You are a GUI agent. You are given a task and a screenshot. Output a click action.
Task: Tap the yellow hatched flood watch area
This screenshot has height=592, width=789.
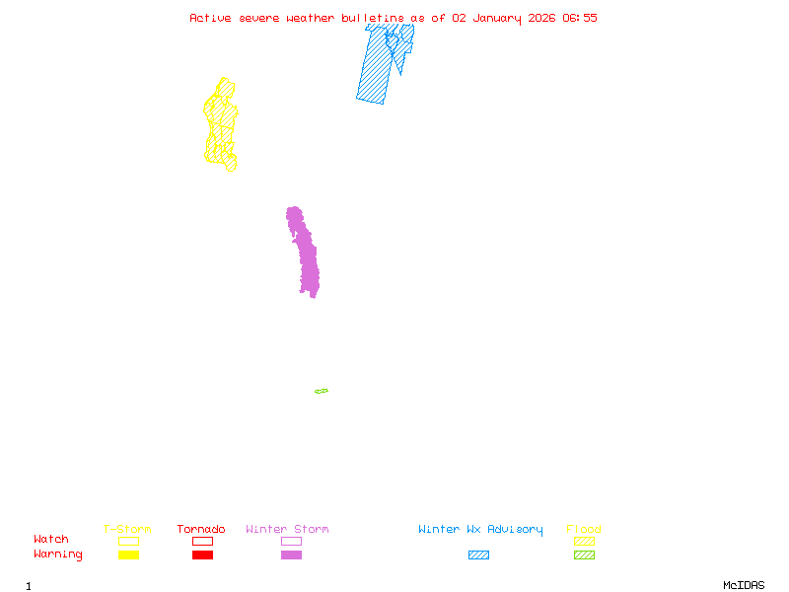(221, 123)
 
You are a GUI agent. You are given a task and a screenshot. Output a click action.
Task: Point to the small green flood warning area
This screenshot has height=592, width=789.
(322, 392)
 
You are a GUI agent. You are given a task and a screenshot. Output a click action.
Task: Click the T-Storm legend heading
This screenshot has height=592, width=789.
(127, 530)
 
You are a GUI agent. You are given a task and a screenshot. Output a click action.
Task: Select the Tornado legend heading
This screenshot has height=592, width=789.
(201, 530)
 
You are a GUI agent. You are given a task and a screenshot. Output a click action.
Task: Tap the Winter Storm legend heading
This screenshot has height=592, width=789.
(287, 530)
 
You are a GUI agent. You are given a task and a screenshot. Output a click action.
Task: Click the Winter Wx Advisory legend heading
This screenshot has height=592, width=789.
(480, 530)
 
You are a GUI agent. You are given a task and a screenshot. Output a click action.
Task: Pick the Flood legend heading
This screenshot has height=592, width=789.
(584, 530)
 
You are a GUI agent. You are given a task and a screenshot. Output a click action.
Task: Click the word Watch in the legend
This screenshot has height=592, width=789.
(51, 540)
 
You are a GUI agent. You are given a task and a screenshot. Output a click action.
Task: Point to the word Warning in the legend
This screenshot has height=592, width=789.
(58, 555)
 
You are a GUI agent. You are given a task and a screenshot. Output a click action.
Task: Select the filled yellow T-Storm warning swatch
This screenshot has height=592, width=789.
(128, 555)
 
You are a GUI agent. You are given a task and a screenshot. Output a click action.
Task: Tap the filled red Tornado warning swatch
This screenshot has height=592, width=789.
(202, 555)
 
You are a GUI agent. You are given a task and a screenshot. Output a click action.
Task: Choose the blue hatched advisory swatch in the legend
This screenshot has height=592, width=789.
(478, 555)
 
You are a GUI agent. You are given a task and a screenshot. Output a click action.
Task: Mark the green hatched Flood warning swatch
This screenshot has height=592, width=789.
(584, 555)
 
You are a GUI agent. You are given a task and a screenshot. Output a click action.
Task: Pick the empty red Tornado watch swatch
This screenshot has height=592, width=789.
(202, 541)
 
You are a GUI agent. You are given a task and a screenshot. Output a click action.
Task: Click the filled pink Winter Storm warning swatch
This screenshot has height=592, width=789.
(291, 555)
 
